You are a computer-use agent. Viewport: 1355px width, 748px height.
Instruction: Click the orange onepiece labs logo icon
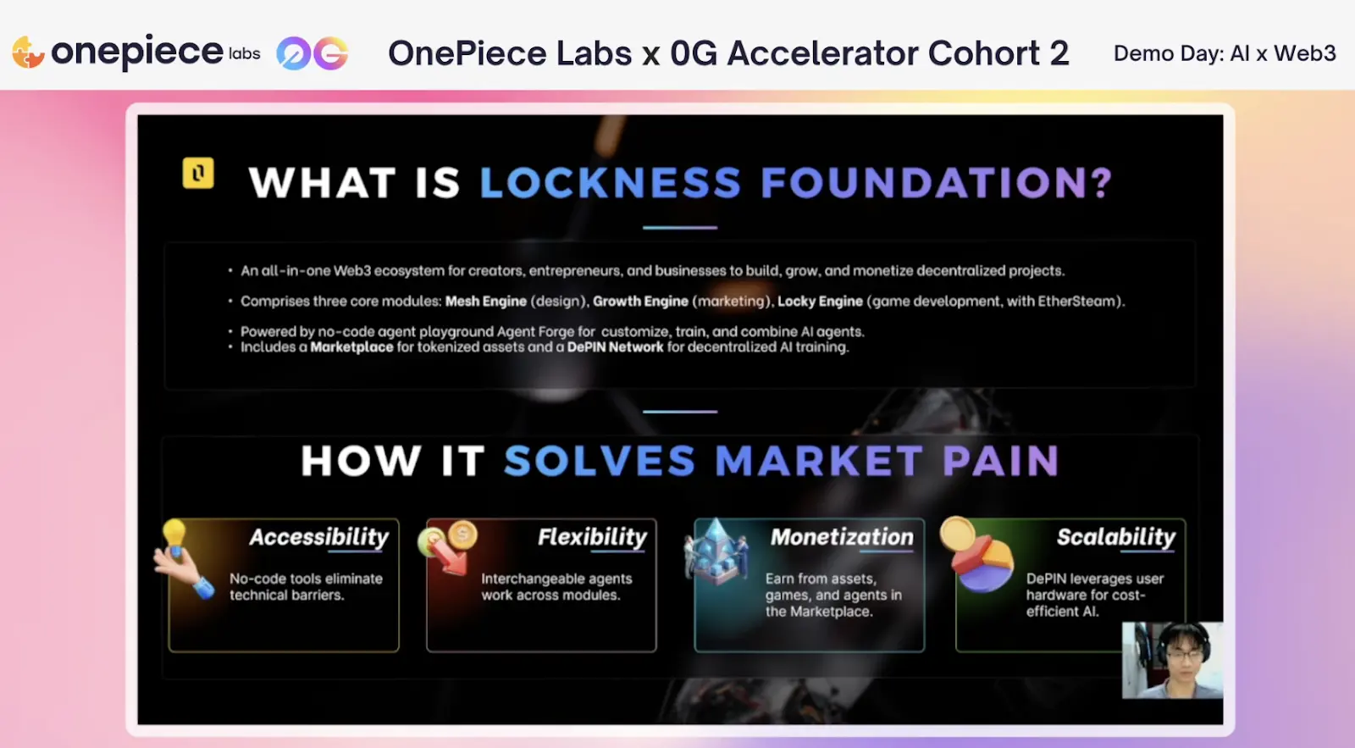click(28, 52)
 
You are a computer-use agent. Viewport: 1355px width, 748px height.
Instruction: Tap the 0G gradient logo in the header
click(312, 53)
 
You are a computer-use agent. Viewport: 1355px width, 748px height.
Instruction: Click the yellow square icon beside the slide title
click(198, 173)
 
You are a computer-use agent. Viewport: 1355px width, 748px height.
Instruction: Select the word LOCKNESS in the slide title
click(611, 182)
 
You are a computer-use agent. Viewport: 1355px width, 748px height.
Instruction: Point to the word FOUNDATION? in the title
click(937, 182)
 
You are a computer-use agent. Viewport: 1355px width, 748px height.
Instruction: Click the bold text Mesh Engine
click(486, 302)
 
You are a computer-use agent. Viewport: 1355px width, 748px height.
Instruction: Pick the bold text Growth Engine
click(640, 302)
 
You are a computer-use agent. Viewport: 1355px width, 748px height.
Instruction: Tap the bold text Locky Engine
click(821, 302)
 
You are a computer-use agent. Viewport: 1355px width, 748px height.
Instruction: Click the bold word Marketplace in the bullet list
click(351, 347)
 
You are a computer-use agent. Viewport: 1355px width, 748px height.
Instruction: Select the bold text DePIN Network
click(615, 347)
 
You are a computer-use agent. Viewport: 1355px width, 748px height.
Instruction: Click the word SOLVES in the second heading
click(600, 461)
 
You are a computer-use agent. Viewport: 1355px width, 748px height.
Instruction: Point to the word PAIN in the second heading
click(1001, 461)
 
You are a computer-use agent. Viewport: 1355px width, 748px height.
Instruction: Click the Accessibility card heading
click(318, 537)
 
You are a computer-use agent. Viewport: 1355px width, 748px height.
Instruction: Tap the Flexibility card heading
click(592, 537)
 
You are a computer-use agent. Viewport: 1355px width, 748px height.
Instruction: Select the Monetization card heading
click(842, 537)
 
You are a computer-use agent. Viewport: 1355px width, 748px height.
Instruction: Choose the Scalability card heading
click(1116, 537)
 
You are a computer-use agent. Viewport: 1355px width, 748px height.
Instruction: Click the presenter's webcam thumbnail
click(1172, 660)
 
